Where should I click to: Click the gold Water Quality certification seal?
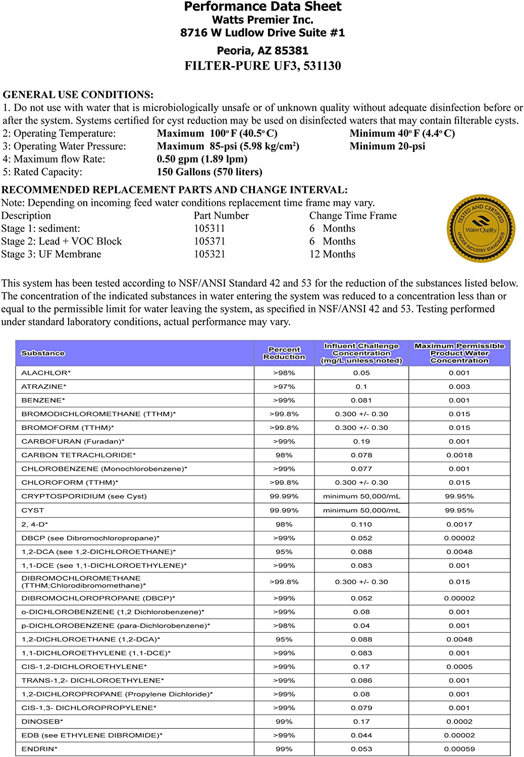point(481,229)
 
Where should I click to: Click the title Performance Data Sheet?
point(263,7)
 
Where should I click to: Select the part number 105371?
point(209,241)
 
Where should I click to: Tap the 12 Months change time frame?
point(332,254)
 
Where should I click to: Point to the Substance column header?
point(43,353)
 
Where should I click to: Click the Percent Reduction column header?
point(284,353)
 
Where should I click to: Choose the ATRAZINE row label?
point(44,387)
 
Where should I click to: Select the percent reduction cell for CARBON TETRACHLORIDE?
point(284,455)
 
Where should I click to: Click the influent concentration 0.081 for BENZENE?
point(361,400)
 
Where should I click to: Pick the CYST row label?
point(33,510)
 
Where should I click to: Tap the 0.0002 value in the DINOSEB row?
point(459,722)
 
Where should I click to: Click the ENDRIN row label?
point(39,749)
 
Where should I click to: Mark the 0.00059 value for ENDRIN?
point(459,749)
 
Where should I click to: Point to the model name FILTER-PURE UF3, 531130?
point(263,66)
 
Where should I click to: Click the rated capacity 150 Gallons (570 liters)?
point(209,172)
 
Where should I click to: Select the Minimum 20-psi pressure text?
point(387,146)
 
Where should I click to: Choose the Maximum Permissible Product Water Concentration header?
point(459,353)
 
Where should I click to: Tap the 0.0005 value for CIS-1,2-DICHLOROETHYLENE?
point(459,667)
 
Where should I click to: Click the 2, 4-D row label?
point(35,524)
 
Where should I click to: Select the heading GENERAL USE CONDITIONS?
point(78,95)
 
